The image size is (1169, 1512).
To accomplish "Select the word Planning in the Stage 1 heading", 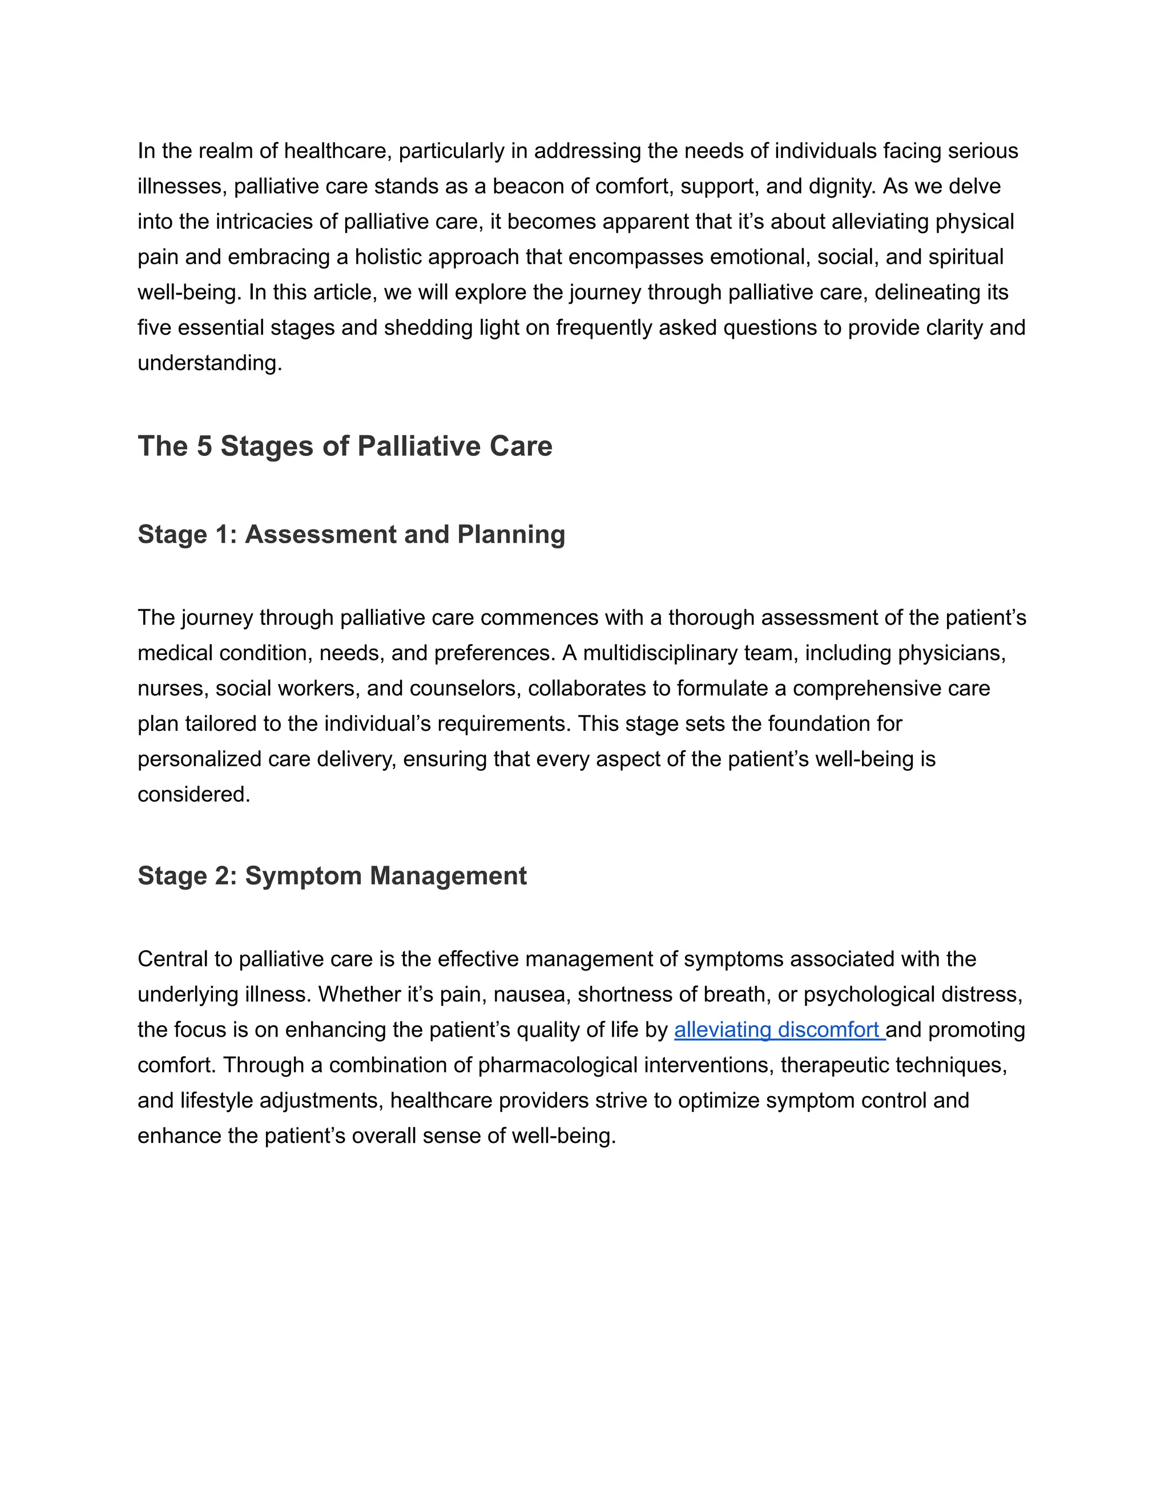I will point(511,535).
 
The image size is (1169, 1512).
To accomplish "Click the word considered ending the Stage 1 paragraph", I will point(194,795).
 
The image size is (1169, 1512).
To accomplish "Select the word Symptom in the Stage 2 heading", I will point(303,876).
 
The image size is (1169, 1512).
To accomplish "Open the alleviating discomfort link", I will point(779,1030).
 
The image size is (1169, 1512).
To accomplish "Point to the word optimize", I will point(718,1101).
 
